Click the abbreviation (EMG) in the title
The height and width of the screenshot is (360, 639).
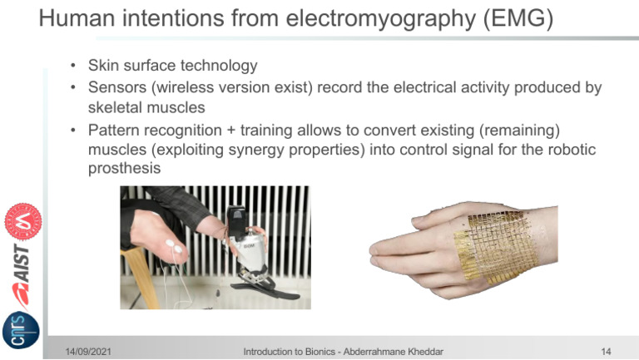click(518, 18)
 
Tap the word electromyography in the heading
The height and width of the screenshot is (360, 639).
click(380, 19)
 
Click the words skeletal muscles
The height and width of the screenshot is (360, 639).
click(146, 107)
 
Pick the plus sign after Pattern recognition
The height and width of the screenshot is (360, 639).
click(231, 131)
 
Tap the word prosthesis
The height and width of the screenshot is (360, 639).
click(124, 168)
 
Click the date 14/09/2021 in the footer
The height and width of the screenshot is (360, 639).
click(88, 352)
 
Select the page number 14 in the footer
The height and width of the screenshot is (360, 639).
click(606, 352)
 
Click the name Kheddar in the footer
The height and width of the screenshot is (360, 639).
click(425, 352)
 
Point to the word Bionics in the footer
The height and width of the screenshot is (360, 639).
click(319, 352)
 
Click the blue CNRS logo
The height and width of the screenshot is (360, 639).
click(20, 330)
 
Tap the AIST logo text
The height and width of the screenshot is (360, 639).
click(22, 263)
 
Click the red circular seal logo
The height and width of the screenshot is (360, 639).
click(22, 221)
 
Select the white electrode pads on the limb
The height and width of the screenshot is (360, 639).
click(173, 246)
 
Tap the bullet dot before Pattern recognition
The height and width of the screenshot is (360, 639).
click(73, 131)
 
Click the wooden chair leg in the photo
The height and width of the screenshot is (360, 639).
click(142, 277)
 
